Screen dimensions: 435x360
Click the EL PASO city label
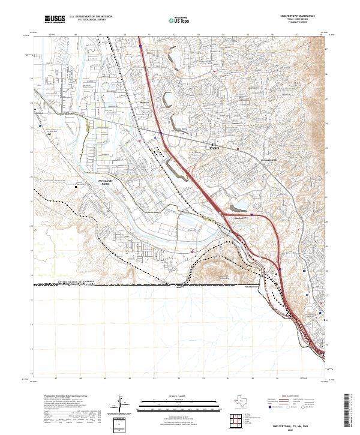[x=214, y=145]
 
